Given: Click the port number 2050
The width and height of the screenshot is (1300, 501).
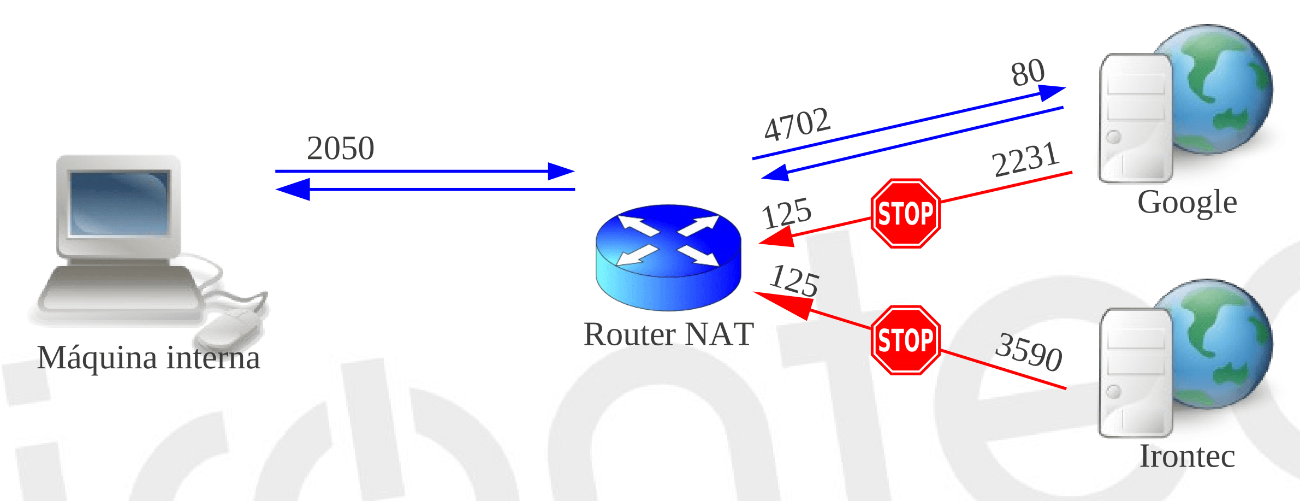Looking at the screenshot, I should [340, 148].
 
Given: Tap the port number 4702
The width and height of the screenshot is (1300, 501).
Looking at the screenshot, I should [797, 124].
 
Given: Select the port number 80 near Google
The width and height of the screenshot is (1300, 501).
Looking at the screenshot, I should [1028, 73].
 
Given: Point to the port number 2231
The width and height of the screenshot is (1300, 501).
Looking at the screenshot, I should [1025, 160].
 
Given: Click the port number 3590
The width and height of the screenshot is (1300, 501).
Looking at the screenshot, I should [1029, 352].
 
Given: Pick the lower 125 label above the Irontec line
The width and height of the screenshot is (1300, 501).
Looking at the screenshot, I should [794, 280].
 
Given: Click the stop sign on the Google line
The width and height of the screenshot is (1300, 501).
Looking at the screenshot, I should [905, 214].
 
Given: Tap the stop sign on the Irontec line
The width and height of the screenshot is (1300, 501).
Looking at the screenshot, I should [905, 340].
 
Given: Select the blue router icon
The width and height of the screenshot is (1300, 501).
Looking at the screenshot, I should [668, 257].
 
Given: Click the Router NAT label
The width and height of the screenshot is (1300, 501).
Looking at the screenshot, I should [668, 334].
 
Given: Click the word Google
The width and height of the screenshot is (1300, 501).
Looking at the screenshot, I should [1187, 203].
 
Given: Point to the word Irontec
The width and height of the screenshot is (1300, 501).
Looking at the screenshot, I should [1187, 456].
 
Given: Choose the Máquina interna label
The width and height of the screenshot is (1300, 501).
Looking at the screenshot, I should [149, 358].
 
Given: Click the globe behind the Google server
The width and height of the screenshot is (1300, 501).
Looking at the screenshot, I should [1223, 87].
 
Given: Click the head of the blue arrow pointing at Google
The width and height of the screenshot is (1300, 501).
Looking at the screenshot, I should [1052, 92].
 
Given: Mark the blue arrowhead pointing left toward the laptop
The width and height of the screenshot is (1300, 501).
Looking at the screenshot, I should [294, 189].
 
